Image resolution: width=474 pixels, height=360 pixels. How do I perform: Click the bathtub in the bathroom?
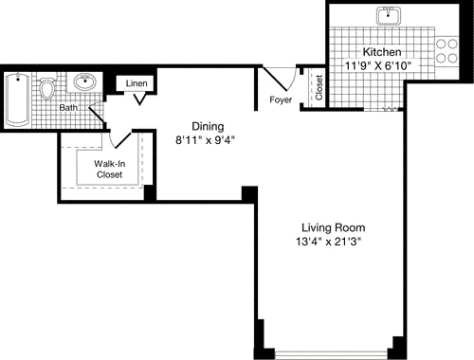coord(18,101)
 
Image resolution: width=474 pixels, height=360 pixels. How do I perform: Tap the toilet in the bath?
coord(47,91)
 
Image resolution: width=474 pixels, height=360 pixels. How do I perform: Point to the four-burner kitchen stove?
coord(445,50)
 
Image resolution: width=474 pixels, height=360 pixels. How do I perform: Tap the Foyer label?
coord(282,98)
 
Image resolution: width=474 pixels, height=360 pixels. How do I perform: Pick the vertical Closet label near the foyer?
coord(319,88)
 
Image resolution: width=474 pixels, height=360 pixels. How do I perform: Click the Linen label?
coord(137,84)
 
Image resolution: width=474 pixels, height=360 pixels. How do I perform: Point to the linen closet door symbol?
coord(138,99)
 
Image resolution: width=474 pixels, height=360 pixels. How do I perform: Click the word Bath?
coord(68,108)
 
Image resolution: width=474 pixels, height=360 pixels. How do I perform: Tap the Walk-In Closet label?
coord(109,170)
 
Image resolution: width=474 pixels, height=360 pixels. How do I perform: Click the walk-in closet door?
coord(119,138)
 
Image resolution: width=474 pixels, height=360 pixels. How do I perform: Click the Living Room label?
coord(333,227)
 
